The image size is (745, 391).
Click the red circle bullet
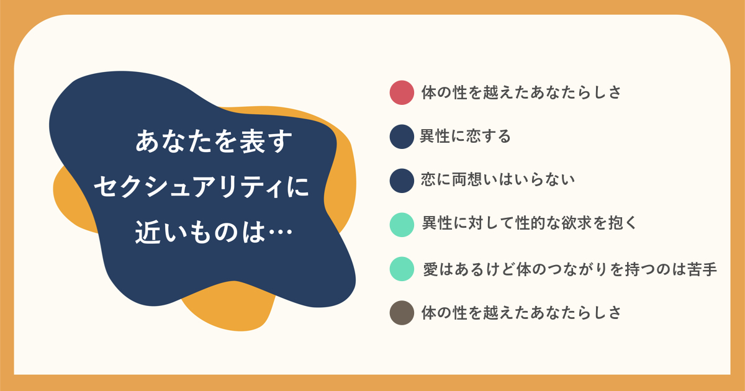(x=402, y=92)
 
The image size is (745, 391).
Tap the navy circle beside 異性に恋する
(x=402, y=137)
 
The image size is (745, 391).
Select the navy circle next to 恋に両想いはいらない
(x=402, y=181)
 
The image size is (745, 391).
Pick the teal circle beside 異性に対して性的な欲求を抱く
(x=402, y=225)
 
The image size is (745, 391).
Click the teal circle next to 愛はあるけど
(x=402, y=269)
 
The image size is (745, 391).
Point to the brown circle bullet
(x=402, y=313)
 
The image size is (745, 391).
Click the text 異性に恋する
(x=465, y=137)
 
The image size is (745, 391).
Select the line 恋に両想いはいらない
(x=498, y=180)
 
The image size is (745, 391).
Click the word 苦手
(x=702, y=269)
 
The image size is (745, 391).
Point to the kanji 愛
(x=431, y=269)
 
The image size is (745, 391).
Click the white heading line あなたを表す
(x=214, y=142)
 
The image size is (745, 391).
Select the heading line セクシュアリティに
(x=202, y=187)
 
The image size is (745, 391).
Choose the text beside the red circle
(x=521, y=92)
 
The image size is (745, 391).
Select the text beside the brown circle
(x=521, y=313)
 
